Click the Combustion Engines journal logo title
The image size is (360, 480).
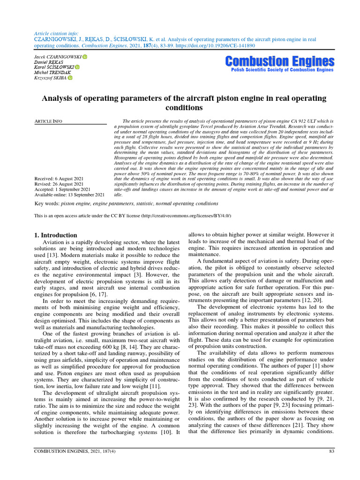(x=279, y=61)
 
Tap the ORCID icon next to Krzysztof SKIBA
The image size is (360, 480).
(x=70, y=78)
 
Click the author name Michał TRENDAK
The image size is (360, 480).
(x=52, y=73)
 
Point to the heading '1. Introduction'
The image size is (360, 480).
(x=56, y=235)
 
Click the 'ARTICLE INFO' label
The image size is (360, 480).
(x=49, y=121)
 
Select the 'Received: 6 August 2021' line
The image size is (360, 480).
(x=60, y=179)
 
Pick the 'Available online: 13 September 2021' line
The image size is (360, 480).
(x=70, y=195)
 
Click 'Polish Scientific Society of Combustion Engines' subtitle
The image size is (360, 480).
(x=282, y=70)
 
